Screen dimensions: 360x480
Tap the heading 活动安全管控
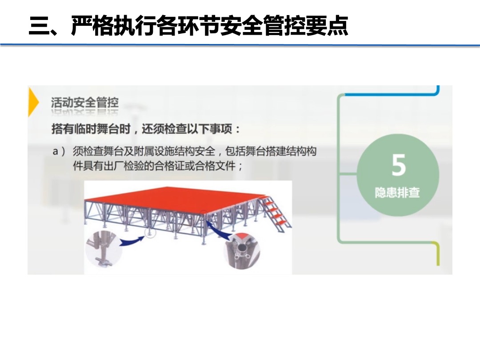coord(85,103)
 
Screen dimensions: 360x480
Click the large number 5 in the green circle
coord(399,165)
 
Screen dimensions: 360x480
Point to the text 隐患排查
coord(397,193)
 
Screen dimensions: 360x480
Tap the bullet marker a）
coord(59,152)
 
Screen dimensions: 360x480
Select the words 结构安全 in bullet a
coord(195,152)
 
